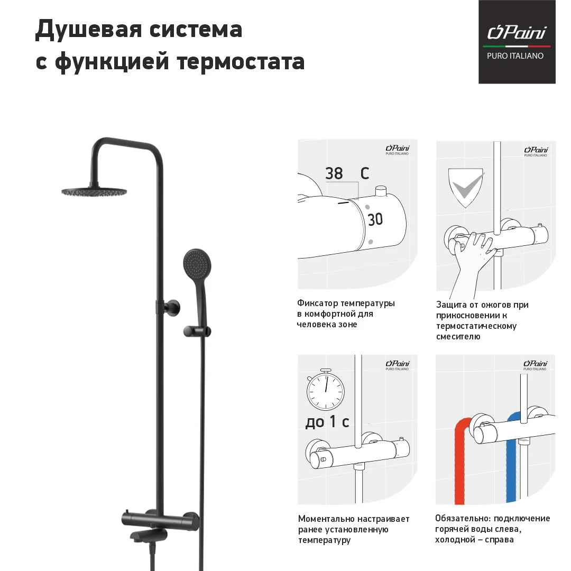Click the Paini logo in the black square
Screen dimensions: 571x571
(x=517, y=33)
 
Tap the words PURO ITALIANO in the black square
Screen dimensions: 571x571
(x=515, y=56)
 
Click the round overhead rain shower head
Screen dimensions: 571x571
(x=95, y=191)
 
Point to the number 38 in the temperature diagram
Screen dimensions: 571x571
(x=334, y=173)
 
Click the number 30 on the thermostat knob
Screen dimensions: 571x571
(x=375, y=219)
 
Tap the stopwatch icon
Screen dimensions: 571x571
(x=325, y=390)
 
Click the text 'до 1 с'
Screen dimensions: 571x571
(x=327, y=422)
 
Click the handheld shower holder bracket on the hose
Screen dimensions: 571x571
(x=197, y=330)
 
